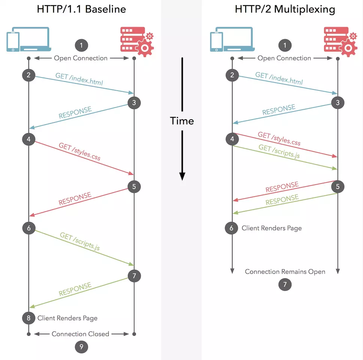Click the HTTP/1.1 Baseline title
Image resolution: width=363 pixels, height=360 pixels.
coord(81,9)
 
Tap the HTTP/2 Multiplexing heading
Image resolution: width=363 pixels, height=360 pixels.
coord(285,9)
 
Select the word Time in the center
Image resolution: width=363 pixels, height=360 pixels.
coord(182,121)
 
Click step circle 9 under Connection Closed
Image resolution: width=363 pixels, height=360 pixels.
coord(81,347)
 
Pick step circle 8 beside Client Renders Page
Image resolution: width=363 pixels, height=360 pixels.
coord(28,318)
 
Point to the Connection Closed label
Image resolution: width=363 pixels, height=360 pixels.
coord(81,334)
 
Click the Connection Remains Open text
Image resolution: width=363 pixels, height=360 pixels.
coord(285,271)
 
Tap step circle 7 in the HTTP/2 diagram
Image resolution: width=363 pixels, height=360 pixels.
coord(285,285)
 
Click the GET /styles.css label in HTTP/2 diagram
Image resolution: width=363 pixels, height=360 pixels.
coord(279,138)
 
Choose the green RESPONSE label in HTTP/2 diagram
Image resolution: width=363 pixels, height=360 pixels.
coord(282,200)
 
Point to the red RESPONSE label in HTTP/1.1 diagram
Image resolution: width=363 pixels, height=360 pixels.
coord(75,198)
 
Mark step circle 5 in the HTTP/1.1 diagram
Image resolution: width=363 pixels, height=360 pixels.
coord(134,186)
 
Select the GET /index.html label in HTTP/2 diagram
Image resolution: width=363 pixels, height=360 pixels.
coord(279,78)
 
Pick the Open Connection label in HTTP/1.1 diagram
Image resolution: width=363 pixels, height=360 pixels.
coord(81,58)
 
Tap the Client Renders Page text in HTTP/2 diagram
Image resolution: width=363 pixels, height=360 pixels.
coord(271,228)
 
